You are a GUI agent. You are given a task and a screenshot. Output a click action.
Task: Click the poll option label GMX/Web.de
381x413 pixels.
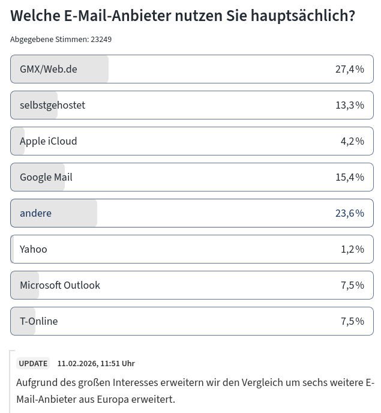click(48, 69)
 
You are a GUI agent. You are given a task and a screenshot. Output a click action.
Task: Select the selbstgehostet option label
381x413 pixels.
click(52, 105)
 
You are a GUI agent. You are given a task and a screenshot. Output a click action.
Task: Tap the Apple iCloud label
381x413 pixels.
click(48, 141)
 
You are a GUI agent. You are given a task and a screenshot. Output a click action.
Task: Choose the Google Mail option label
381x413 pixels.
click(46, 177)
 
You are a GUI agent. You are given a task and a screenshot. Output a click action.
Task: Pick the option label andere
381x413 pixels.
click(35, 213)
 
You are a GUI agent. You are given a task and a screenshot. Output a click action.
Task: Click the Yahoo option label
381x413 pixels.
click(33, 249)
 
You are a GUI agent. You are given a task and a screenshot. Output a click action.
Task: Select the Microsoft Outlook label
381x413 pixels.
click(59, 285)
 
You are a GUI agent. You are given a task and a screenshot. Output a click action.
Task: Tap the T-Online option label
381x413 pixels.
click(38, 321)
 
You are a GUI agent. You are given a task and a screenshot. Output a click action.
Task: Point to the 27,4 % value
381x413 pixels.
click(349, 69)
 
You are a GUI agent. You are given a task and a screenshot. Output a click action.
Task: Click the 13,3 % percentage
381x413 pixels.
click(349, 105)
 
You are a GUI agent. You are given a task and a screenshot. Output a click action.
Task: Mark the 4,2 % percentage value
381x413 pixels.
click(352, 141)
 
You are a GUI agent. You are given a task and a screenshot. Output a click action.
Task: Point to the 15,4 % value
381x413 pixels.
click(349, 177)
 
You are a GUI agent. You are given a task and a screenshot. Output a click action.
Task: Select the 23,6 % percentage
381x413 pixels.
click(349, 213)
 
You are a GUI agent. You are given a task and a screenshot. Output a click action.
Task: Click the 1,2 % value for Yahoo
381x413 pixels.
click(352, 249)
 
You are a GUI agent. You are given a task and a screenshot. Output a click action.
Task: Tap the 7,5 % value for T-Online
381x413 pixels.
click(352, 321)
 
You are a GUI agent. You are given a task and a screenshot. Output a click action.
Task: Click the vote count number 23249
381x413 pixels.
click(101, 40)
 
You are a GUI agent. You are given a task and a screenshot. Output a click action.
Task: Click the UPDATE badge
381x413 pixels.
click(33, 364)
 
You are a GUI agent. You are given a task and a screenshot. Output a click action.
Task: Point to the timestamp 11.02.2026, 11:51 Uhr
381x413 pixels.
click(96, 364)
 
